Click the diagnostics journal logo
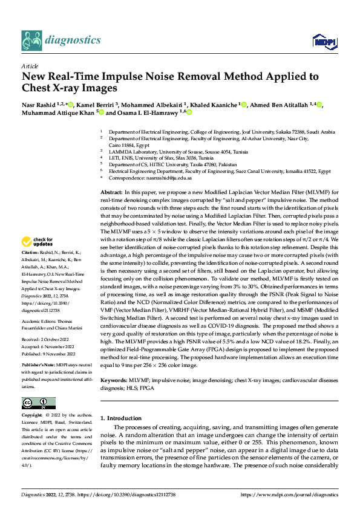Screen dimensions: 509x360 [61, 40]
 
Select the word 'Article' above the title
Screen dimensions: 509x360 [30, 66]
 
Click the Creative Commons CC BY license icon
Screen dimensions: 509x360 [39, 403]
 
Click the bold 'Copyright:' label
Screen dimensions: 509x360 [31, 416]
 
